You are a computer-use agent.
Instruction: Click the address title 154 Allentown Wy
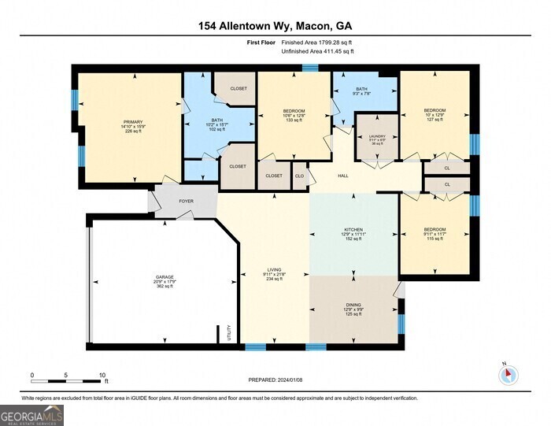point(275,26)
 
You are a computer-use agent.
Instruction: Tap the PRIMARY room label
point(133,121)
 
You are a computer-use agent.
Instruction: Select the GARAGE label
point(165,277)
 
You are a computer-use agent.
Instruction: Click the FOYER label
point(186,202)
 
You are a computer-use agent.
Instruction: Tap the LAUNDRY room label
point(377,136)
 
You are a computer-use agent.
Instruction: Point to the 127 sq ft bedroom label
point(435,110)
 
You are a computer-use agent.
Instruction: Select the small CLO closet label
point(300,176)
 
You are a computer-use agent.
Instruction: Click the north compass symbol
point(510,375)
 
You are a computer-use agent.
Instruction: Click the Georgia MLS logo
point(31,414)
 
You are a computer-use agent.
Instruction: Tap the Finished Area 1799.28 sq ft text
point(317,43)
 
